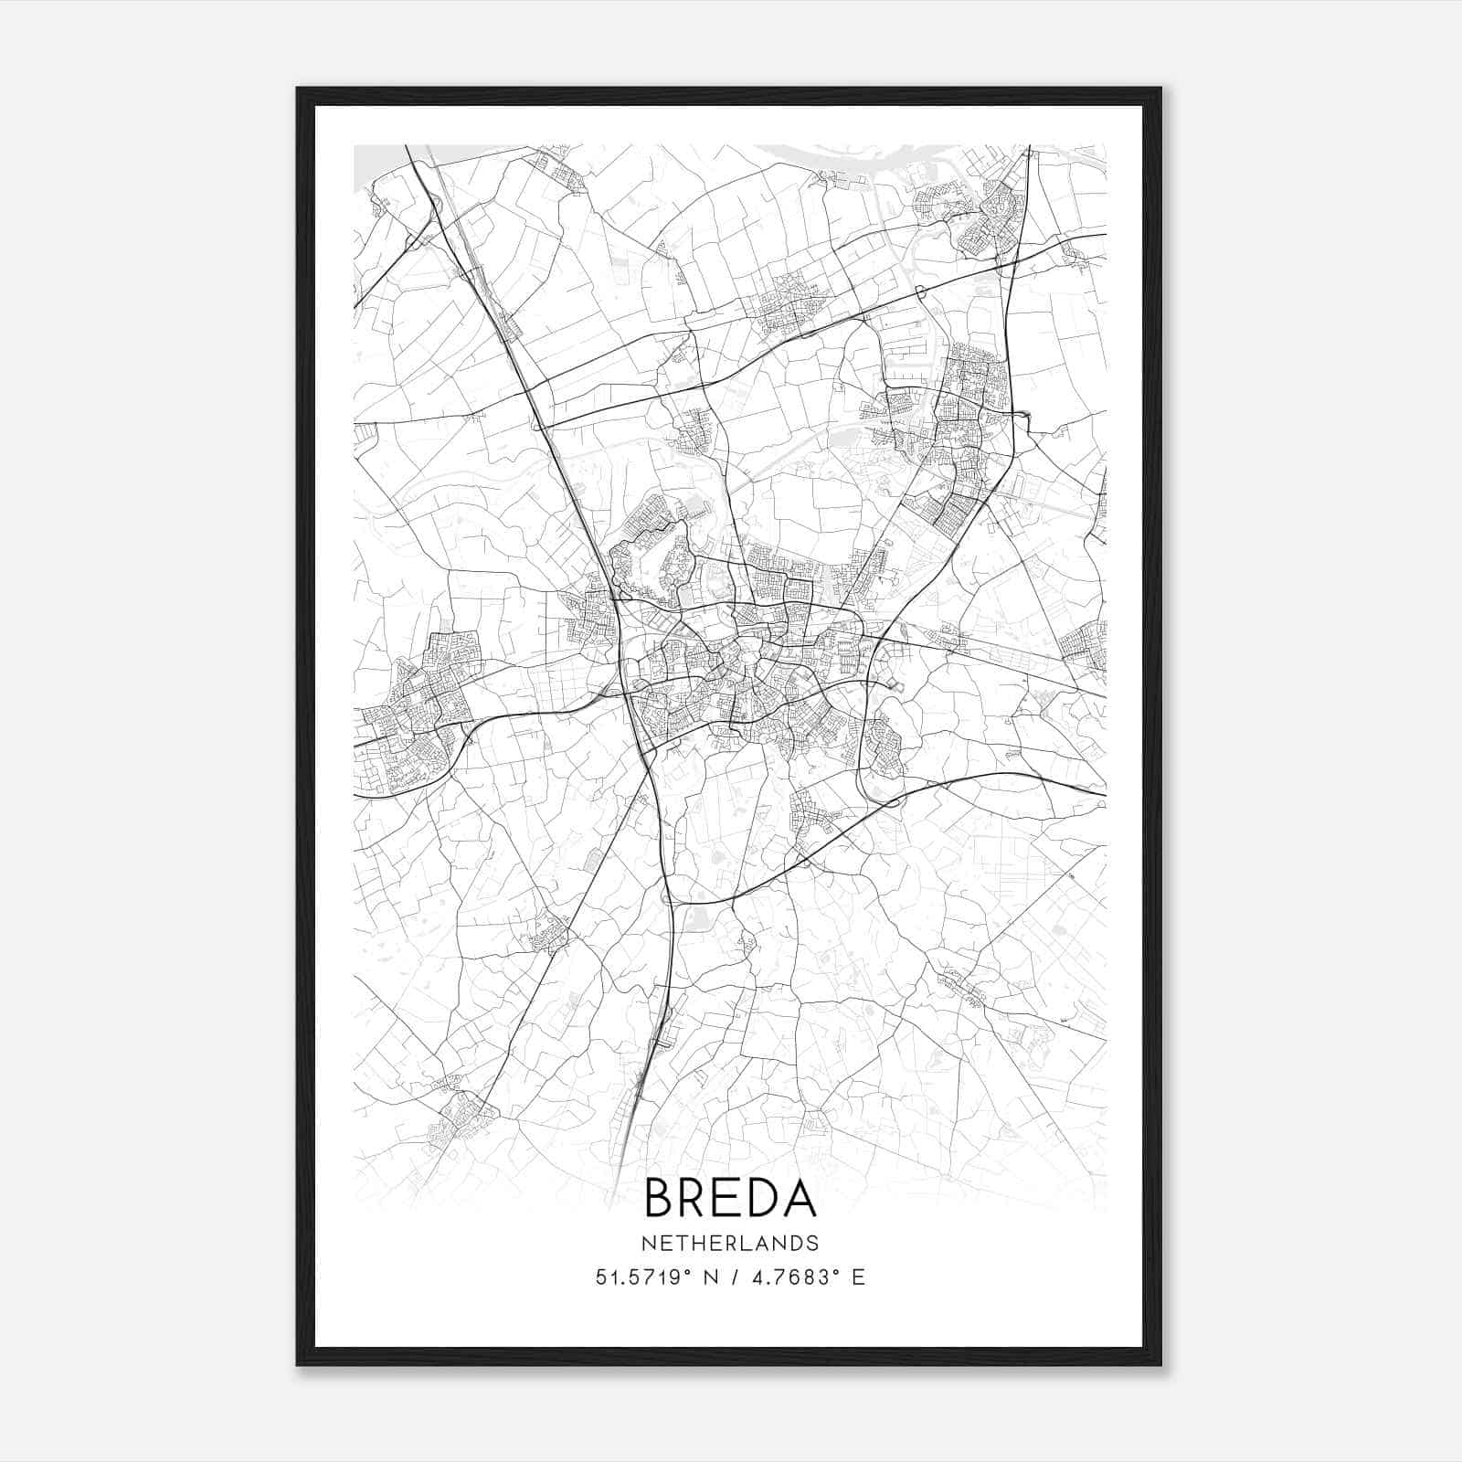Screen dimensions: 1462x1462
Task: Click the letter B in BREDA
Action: [x=660, y=1198]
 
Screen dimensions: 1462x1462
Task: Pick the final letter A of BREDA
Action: [x=800, y=1198]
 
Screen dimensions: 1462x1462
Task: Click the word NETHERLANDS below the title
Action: [x=729, y=1243]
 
